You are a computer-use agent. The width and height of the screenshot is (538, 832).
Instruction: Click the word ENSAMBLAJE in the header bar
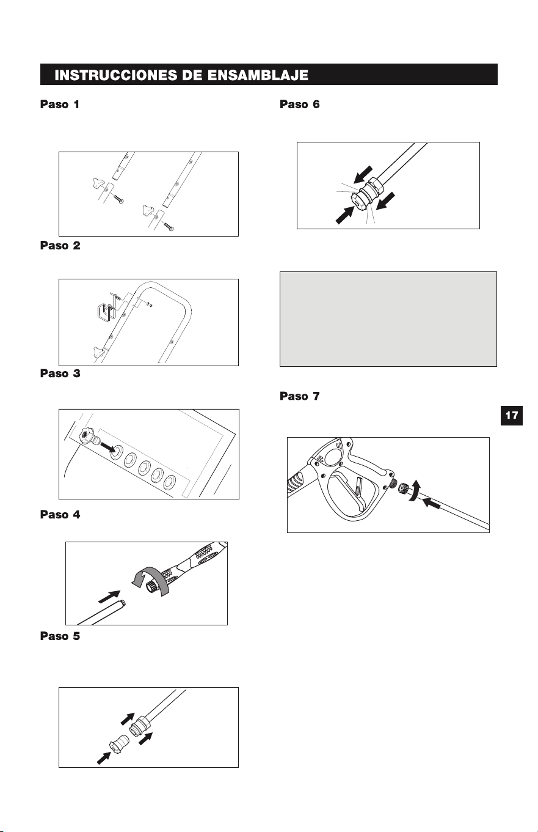click(258, 75)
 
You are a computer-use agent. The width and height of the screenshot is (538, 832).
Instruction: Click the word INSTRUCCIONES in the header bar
click(116, 75)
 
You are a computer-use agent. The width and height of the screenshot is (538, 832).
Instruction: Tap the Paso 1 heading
click(60, 105)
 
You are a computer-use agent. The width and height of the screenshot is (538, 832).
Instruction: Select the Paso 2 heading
click(60, 246)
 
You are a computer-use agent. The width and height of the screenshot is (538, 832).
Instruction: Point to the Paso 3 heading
click(60, 374)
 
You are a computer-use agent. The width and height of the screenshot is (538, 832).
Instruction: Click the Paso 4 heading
click(60, 515)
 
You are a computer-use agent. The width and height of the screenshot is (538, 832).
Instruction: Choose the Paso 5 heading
click(60, 636)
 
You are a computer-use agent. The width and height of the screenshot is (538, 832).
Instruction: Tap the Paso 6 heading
click(299, 105)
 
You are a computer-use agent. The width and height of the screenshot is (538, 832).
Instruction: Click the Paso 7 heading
click(299, 396)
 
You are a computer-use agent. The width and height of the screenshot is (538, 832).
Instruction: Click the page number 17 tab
click(512, 415)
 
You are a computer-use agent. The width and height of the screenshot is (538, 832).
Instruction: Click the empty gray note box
click(388, 319)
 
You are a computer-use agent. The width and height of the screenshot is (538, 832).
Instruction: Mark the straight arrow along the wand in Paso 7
click(432, 504)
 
